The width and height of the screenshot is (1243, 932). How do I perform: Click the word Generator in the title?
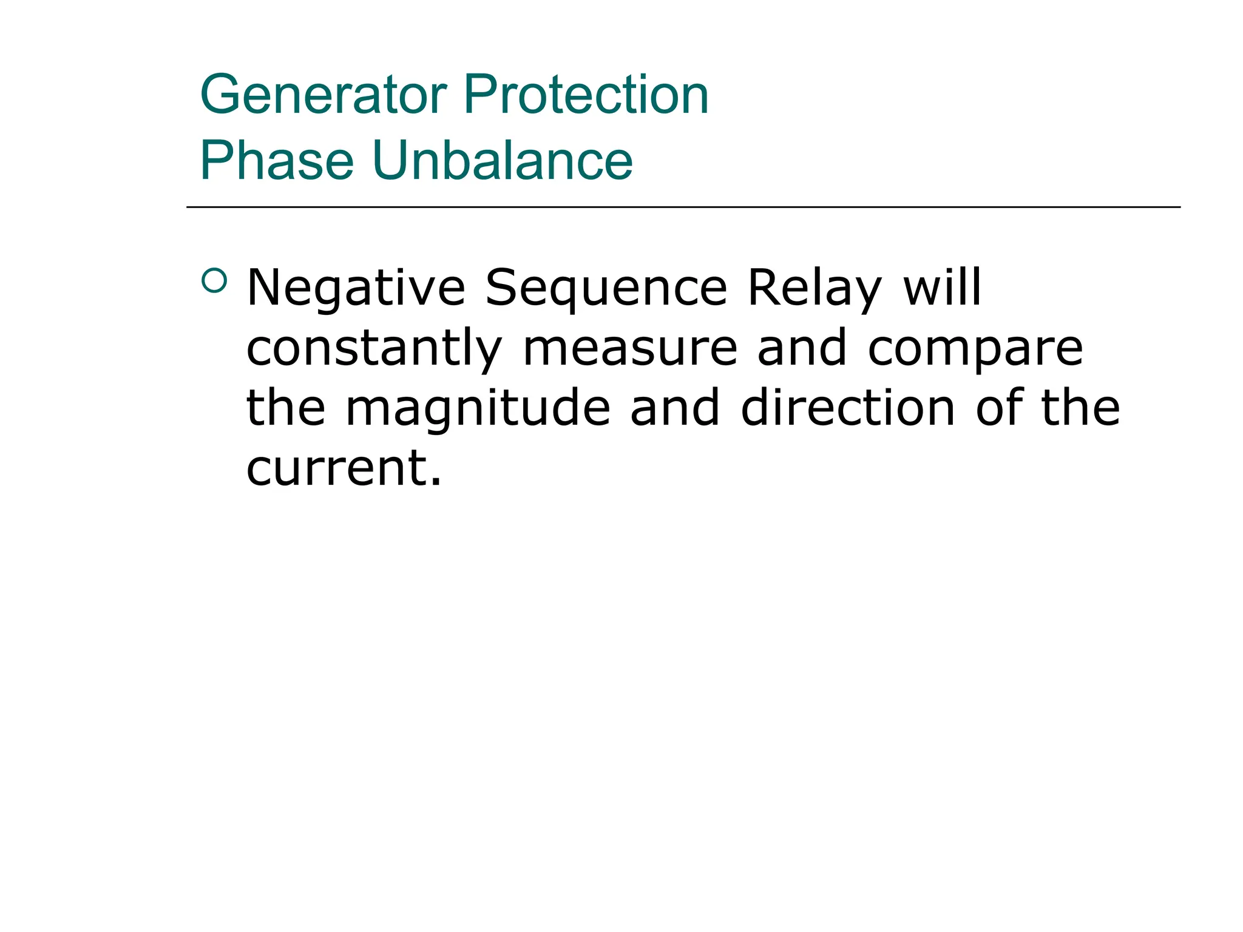(x=323, y=95)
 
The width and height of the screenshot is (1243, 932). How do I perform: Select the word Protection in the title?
(x=586, y=95)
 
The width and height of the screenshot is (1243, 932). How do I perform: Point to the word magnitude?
(x=478, y=409)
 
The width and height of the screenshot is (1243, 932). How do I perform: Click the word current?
(x=337, y=468)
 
